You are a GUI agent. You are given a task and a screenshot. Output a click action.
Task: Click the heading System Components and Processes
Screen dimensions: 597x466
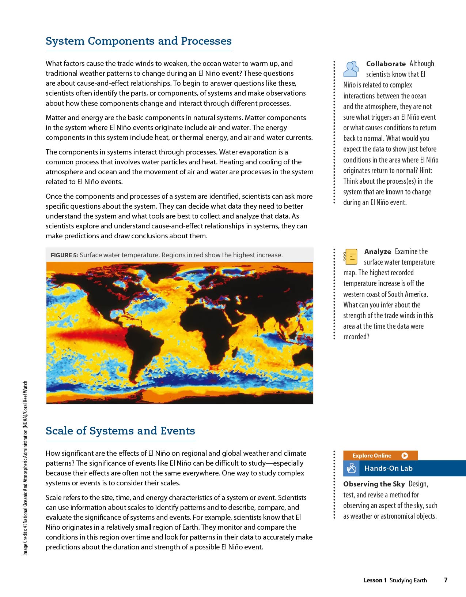click(139, 41)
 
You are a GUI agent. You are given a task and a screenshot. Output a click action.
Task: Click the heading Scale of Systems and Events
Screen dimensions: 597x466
click(120, 431)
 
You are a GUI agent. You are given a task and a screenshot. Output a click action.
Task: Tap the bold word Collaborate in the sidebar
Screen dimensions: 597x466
click(386, 64)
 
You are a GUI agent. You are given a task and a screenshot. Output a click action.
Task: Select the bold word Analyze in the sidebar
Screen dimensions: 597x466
click(378, 251)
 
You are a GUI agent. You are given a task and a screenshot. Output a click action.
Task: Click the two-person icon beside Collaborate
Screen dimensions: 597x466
click(351, 69)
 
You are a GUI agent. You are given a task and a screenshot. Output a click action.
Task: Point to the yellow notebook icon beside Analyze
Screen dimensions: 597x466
click(351, 257)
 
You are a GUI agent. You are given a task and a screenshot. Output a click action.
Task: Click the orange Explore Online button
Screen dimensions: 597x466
click(372, 456)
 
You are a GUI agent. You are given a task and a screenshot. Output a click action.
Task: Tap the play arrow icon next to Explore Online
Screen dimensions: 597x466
click(405, 456)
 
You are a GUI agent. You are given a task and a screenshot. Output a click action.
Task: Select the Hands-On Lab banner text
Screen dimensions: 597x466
click(388, 468)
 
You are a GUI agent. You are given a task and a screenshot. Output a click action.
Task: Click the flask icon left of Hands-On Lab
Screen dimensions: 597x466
click(351, 468)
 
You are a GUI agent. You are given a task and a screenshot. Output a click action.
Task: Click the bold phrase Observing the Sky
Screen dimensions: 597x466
click(374, 484)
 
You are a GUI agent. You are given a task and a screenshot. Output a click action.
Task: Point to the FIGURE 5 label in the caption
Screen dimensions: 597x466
click(64, 255)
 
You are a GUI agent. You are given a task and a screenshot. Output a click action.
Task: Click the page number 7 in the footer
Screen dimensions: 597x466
click(446, 580)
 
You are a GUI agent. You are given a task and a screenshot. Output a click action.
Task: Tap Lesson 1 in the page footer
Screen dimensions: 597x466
click(375, 580)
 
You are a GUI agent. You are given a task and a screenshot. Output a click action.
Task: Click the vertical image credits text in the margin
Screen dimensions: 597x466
click(25, 469)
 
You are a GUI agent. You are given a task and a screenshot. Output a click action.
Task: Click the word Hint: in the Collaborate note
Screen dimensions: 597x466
click(425, 171)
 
